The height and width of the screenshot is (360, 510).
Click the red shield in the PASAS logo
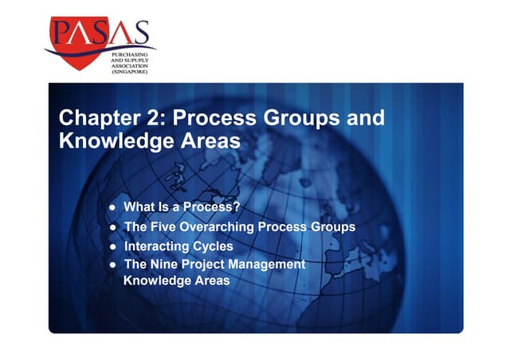[76, 40]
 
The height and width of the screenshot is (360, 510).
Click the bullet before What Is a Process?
[114, 209]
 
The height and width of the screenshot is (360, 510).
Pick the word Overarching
[219, 227]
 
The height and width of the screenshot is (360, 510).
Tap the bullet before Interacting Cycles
[114, 247]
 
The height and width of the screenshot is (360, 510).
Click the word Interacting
[157, 246]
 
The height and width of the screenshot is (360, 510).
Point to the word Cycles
[214, 246]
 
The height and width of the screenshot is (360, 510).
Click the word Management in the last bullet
[267, 264]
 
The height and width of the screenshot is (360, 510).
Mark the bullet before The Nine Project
[114, 264]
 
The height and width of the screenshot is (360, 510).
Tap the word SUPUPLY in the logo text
[127, 59]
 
